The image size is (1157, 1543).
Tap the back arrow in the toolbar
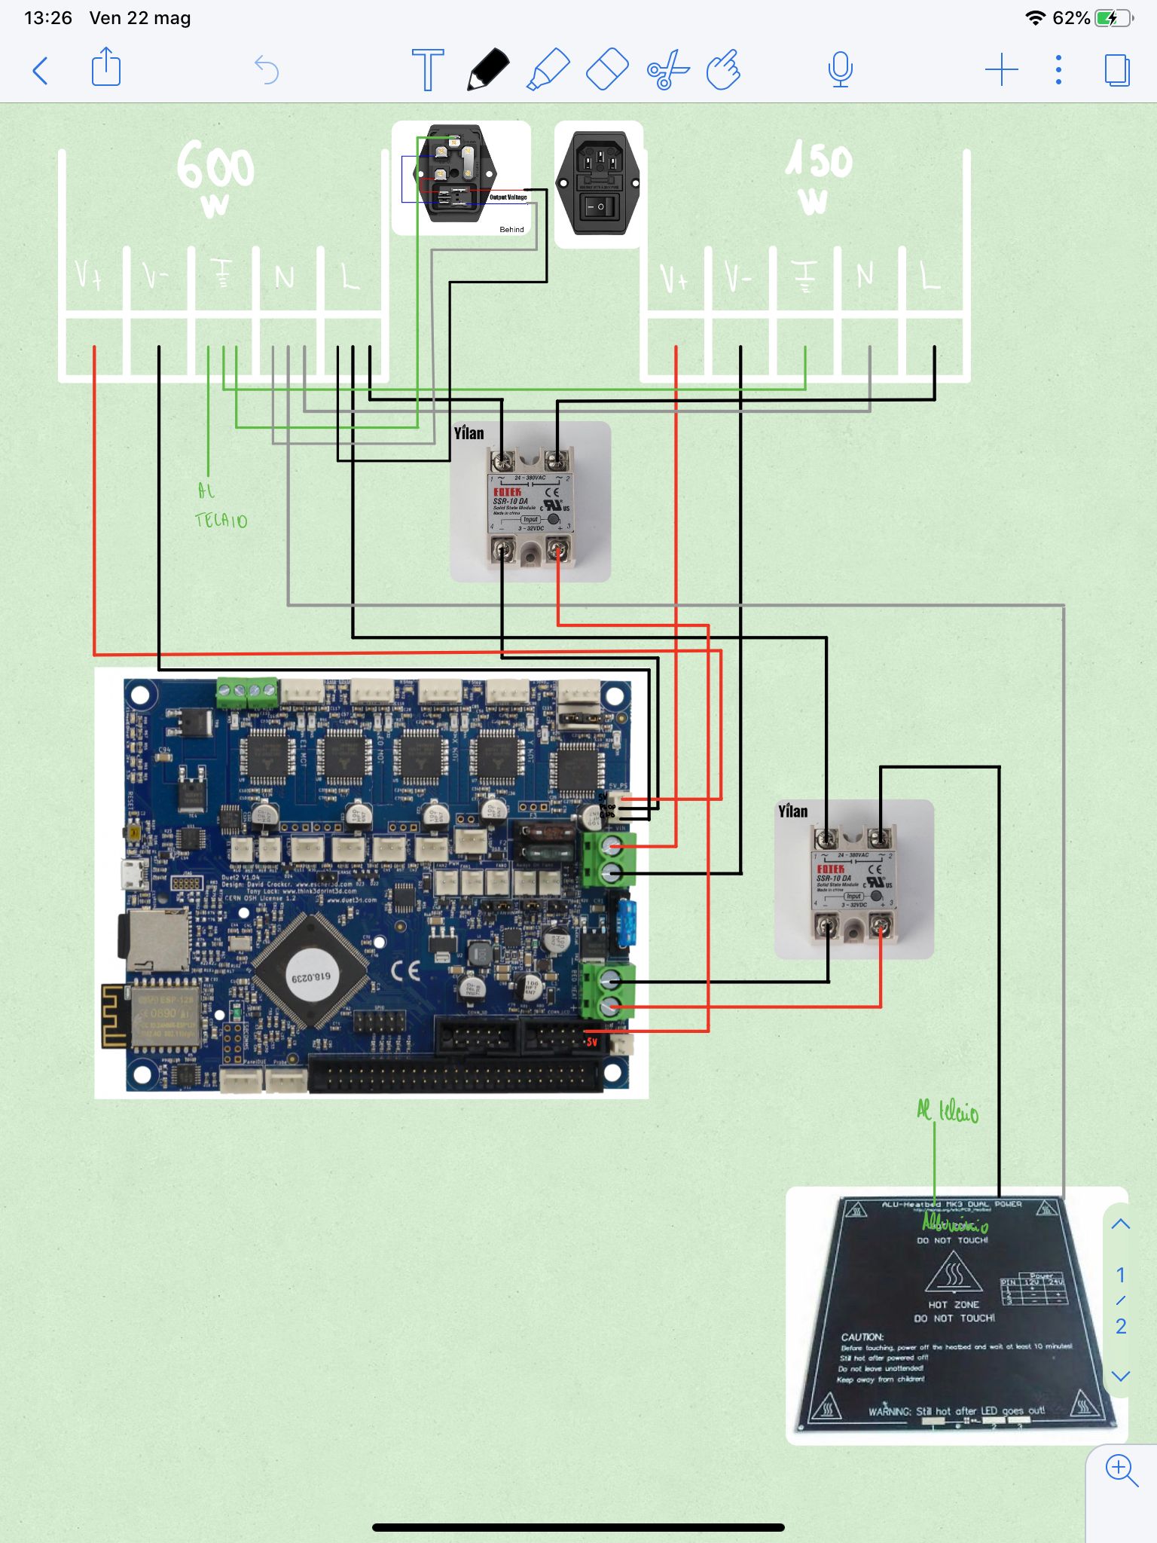(x=41, y=71)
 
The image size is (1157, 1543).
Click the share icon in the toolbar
(x=105, y=68)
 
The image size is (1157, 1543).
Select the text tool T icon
(x=427, y=69)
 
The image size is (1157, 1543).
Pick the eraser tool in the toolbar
(x=607, y=69)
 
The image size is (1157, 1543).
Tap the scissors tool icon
(x=667, y=70)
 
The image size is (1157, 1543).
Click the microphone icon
(x=840, y=70)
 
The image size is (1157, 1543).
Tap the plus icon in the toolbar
(x=1001, y=70)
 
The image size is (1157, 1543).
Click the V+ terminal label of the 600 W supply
(x=89, y=277)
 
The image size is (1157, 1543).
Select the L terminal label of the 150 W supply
(x=930, y=276)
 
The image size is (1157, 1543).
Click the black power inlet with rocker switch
(x=599, y=184)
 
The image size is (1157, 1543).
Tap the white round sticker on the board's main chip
(x=310, y=976)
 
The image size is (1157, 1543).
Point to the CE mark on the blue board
(x=405, y=970)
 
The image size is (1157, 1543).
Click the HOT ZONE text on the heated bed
(x=953, y=1304)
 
